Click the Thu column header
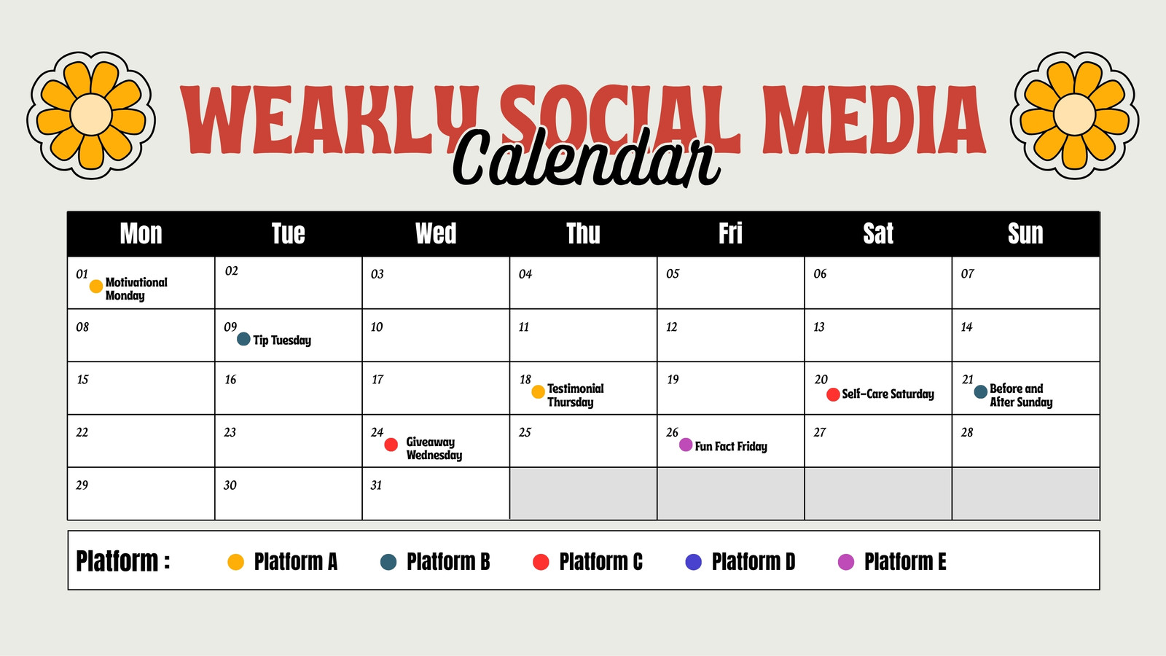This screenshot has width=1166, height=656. pos(583,233)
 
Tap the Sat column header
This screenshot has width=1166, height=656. pos(878,233)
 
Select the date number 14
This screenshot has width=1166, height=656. pos(966,327)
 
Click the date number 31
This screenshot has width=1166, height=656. pos(376,485)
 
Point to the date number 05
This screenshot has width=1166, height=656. pos(673,274)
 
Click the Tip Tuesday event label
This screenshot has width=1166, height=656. pos(282,340)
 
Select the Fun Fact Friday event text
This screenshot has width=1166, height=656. pos(731,446)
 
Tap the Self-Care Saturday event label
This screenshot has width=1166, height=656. pos(888,394)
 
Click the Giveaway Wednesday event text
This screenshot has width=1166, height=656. pos(434,448)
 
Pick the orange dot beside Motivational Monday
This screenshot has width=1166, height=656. pos(95,286)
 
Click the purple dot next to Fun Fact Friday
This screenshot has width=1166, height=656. pos(686,445)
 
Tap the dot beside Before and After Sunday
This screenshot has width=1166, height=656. pos(981,391)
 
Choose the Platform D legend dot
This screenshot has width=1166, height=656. pos(693,562)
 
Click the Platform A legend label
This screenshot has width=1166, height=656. pos(296,562)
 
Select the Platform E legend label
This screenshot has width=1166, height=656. pos(905,562)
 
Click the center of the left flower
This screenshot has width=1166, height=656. pos(91,114)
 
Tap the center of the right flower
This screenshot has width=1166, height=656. pos(1074,114)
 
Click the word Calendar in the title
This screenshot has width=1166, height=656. pos(587,157)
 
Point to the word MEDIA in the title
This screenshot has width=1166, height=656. pos(874,120)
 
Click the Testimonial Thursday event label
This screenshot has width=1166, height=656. pos(576,395)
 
